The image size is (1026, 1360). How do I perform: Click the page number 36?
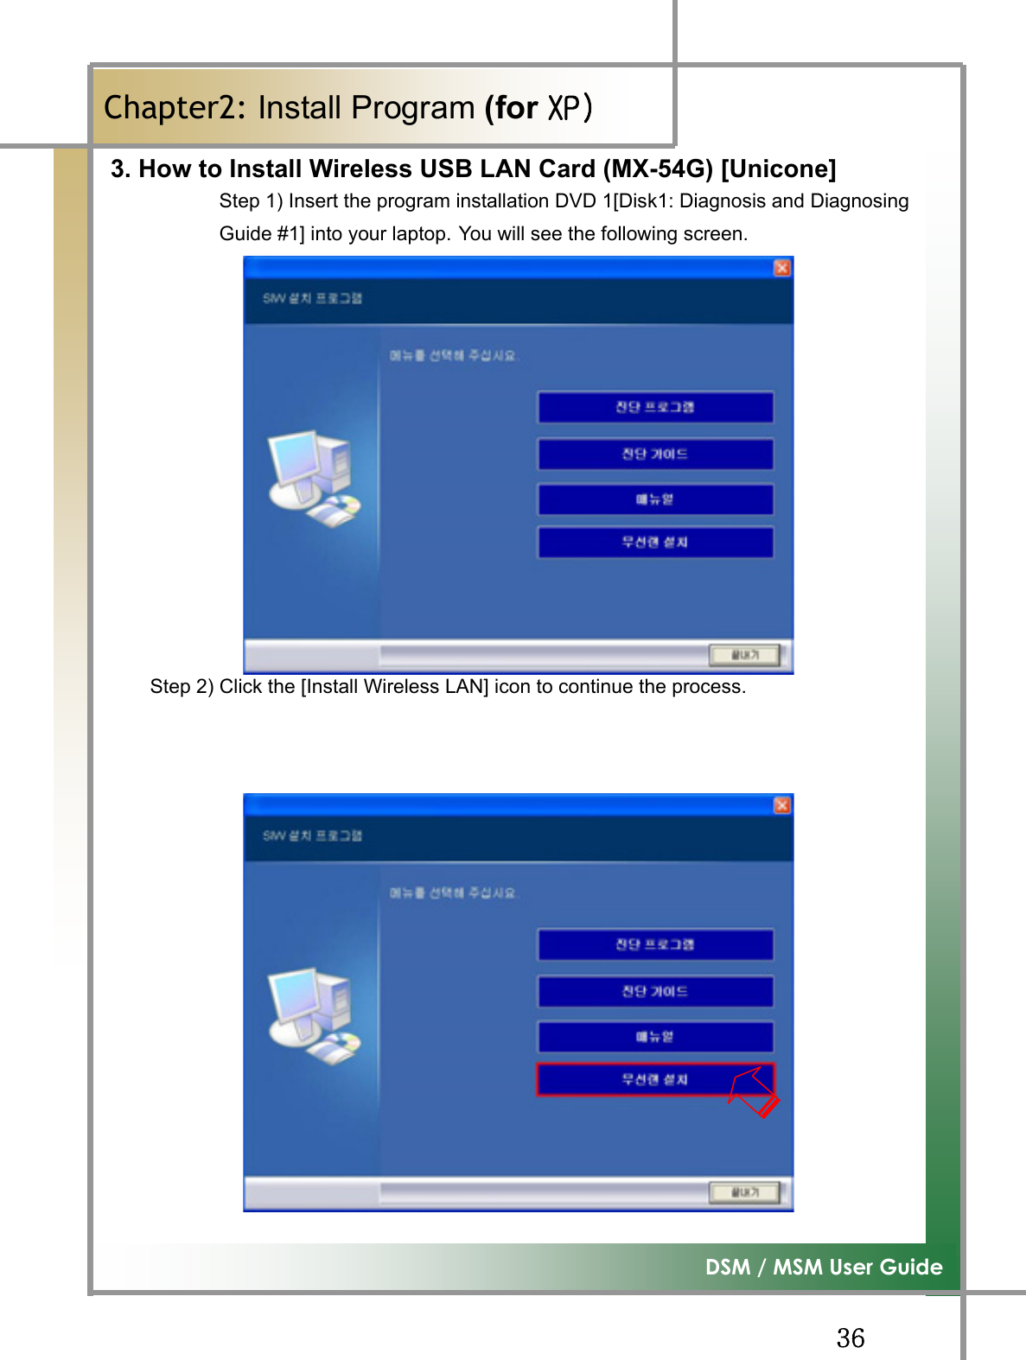tap(851, 1338)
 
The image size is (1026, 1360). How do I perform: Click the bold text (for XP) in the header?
tap(538, 108)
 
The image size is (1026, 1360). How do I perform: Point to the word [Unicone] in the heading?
tap(778, 168)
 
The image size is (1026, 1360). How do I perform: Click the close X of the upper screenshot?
tap(781, 268)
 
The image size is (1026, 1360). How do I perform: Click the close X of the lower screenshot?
tap(781, 805)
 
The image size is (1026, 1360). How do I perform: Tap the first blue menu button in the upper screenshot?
tap(655, 407)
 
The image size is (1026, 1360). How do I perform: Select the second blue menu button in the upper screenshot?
tap(655, 454)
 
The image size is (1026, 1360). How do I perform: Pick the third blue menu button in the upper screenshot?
tap(655, 499)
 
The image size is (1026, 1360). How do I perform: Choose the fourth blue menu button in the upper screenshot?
tap(655, 543)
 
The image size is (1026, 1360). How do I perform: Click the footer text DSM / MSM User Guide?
tap(823, 1267)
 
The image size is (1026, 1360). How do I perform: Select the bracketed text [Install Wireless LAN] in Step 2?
tap(394, 687)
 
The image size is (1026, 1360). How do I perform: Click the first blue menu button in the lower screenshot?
tap(655, 944)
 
